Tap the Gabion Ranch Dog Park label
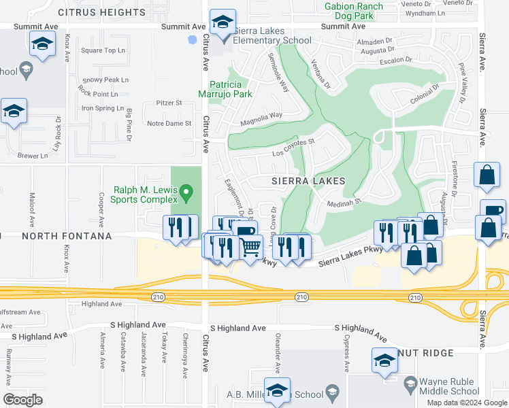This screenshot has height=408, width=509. pyautogui.click(x=353, y=11)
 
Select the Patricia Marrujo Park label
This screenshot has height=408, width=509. pyautogui.click(x=225, y=89)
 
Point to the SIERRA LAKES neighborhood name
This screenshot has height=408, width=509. pyautogui.click(x=308, y=182)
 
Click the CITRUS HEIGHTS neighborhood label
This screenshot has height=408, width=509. pyautogui.click(x=103, y=12)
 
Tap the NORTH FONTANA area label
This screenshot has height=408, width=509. pyautogui.click(x=67, y=236)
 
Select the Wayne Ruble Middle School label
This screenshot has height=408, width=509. pyautogui.click(x=449, y=386)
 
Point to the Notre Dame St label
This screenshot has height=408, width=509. pyautogui.click(x=169, y=123)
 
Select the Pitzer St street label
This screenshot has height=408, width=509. pyautogui.click(x=169, y=103)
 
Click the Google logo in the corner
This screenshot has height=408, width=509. pyautogui.click(x=22, y=399)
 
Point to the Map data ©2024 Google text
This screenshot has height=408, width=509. pyautogui.click(x=467, y=403)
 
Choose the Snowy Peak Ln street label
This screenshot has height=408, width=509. pyautogui.click(x=100, y=80)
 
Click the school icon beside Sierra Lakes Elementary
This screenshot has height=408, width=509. pyautogui.click(x=223, y=24)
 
